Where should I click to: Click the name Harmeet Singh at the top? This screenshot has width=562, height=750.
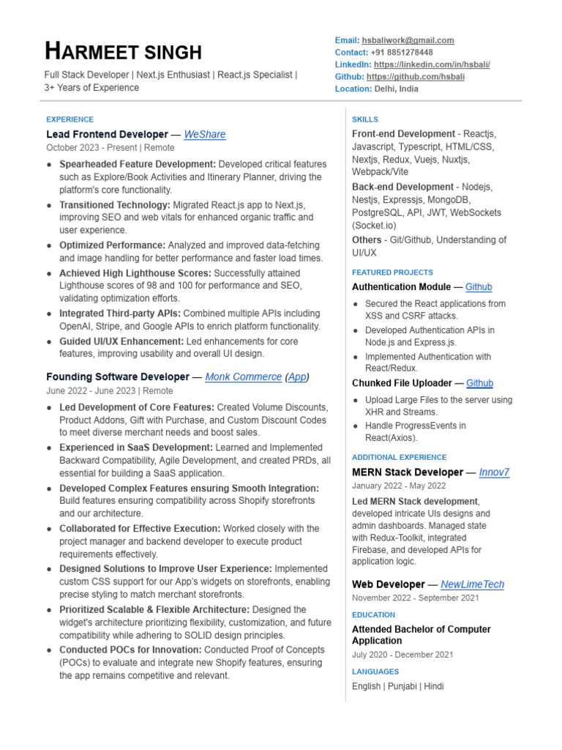123,52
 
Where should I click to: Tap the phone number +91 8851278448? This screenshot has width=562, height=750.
402,53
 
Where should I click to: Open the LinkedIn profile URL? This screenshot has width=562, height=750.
432,64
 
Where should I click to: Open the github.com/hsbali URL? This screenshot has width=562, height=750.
415,76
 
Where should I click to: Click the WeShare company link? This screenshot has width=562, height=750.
205,135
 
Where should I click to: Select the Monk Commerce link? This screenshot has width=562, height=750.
243,376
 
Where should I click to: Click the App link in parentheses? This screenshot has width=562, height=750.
296,376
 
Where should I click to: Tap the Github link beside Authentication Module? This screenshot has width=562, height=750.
479,287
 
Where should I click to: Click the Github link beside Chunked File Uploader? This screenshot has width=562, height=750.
479,383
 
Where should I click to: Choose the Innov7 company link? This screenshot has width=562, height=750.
494,472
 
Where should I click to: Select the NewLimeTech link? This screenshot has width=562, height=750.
472,584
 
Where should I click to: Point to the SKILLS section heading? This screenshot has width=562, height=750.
365,119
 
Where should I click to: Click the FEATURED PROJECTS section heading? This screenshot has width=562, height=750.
392,272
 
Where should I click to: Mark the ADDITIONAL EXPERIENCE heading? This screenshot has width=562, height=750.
399,457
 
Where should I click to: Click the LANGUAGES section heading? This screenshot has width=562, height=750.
375,672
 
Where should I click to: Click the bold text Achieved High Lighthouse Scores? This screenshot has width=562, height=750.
135,273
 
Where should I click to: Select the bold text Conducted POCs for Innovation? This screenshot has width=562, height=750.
130,650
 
